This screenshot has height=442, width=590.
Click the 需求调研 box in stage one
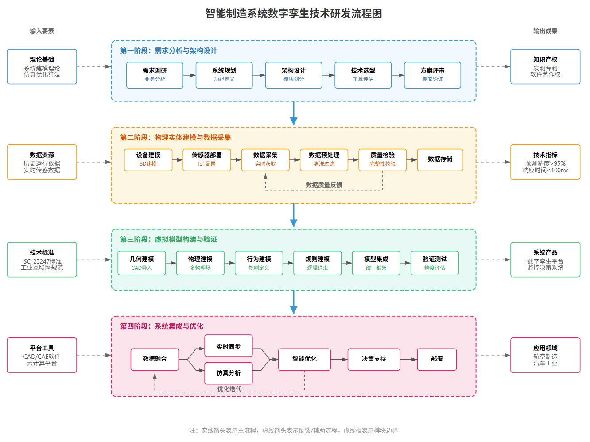[155, 75]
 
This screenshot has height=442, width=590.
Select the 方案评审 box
[432, 75]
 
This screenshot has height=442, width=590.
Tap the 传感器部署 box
[206, 159]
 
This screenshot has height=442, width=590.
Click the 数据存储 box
[440, 159]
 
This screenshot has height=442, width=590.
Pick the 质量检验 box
[382, 159]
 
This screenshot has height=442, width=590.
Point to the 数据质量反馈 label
[324, 185]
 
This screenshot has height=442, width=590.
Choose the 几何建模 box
[142, 263]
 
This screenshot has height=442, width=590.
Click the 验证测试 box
[434, 263]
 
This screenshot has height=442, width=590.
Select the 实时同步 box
[229, 346]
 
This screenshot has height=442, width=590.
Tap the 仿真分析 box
[229, 373]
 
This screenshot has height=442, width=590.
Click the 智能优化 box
[304, 359]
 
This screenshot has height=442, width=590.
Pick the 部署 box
[437, 359]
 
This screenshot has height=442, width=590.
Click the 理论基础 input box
[42, 66]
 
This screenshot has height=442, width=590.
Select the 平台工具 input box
[42, 355]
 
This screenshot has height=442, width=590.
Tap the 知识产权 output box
[545, 66]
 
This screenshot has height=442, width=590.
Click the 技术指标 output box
[545, 162]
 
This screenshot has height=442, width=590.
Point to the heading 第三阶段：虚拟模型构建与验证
[169, 240]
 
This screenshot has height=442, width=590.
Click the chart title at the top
[294, 14]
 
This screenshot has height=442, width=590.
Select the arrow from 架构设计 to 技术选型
[328, 75]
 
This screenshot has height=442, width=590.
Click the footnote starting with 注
[294, 430]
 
